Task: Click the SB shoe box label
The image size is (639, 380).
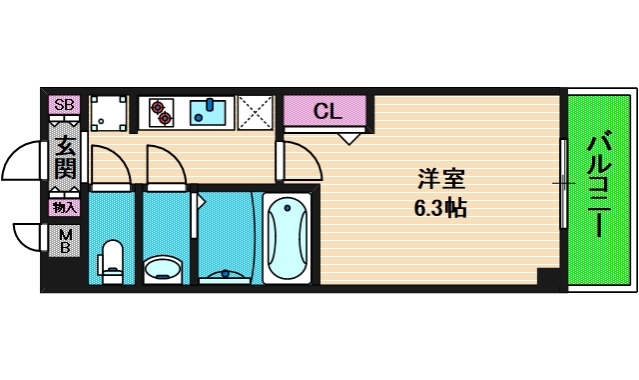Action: click(64, 105)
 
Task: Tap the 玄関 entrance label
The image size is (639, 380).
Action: click(65, 157)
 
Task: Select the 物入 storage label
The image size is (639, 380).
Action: click(64, 208)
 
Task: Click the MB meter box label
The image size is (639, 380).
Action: click(65, 241)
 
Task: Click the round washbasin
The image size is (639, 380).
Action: click(162, 268)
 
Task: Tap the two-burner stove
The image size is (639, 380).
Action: click(161, 112)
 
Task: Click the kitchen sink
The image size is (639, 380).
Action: click(210, 112)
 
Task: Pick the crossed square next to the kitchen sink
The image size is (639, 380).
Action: click(256, 112)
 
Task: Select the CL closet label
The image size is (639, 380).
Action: click(327, 111)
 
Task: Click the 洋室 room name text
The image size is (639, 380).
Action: click(441, 180)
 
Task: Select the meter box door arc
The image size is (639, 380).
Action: click(30, 238)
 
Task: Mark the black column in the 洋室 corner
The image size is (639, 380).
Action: click(548, 277)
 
